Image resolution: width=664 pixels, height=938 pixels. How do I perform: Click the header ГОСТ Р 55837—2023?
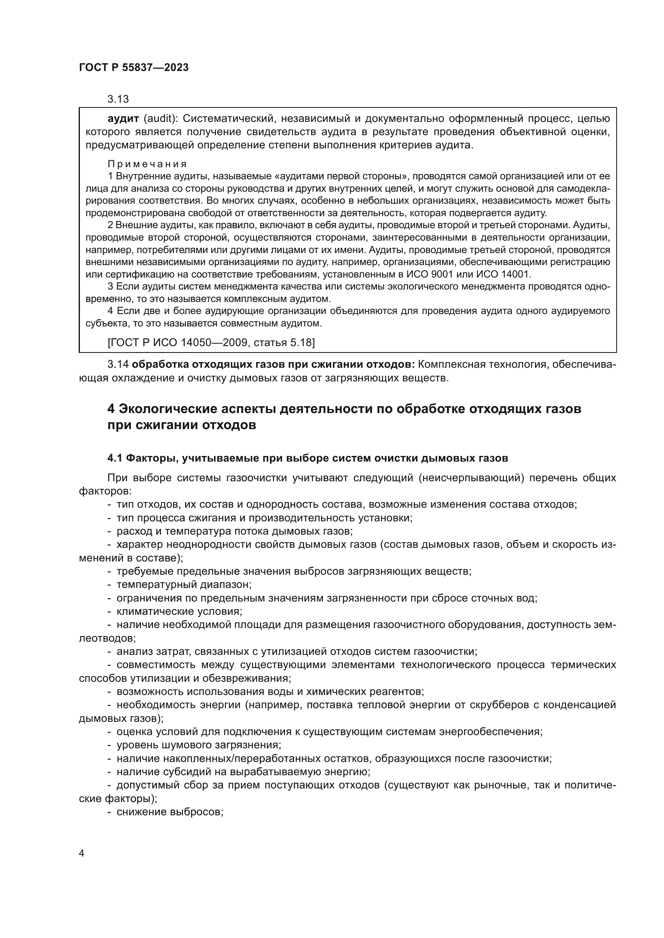point(134,68)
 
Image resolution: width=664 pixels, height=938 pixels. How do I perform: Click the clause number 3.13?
point(118,99)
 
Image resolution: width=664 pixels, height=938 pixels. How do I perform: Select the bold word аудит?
point(122,119)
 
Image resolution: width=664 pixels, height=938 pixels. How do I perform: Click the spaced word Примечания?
point(147,164)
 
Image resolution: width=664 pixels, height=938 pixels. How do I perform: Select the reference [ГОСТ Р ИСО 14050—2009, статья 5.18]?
point(211,342)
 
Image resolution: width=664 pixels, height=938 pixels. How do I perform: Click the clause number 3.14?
point(118,365)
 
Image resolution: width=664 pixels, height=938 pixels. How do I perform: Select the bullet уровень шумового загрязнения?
point(198,745)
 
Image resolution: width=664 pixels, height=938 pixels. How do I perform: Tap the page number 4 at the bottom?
point(82,865)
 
